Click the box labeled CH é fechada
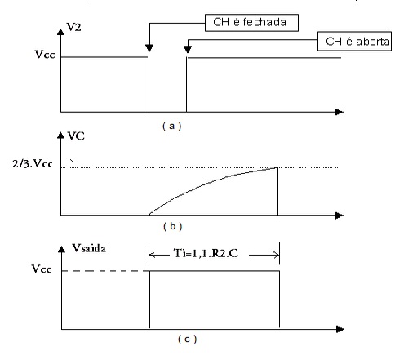click(251, 23)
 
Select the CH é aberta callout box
click(354, 41)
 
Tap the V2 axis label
click(74, 27)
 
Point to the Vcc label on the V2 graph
click(45, 55)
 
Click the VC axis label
click(76, 136)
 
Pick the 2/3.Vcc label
click(33, 164)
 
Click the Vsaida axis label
click(89, 248)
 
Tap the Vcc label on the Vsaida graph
click(42, 269)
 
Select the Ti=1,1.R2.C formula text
click(206, 253)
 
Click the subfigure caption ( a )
click(172, 126)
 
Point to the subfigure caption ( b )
click(173, 226)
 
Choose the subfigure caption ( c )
click(188, 340)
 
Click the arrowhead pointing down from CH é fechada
click(149, 48)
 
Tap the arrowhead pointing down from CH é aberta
click(188, 50)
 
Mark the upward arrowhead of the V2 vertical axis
click(60, 32)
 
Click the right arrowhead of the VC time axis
click(340, 216)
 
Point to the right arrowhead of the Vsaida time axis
click(340, 329)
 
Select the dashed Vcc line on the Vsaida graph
click(105, 271)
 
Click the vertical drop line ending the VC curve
click(277, 191)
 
